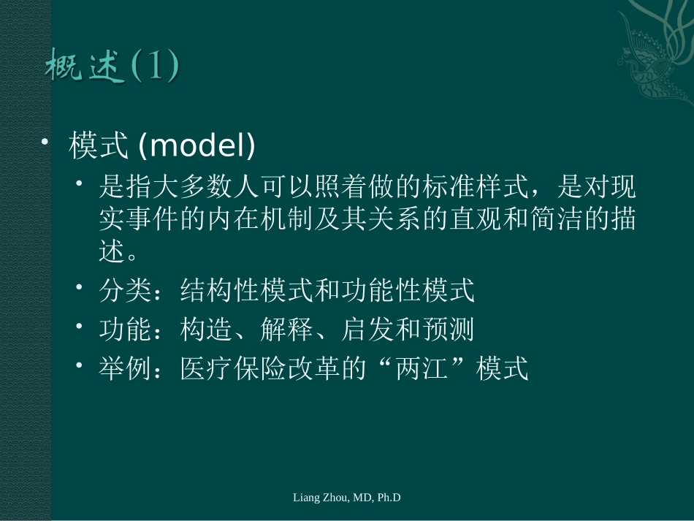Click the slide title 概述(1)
(112, 68)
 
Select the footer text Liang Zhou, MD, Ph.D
(347, 498)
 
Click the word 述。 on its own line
(118, 253)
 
